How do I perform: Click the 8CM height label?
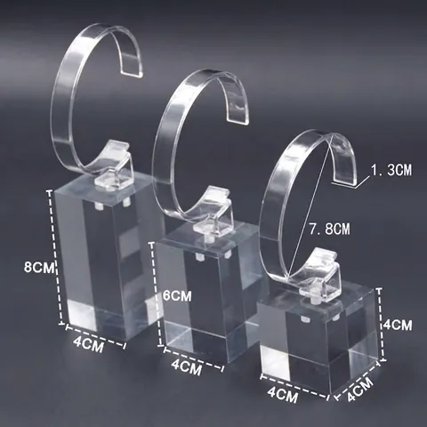point(39,267)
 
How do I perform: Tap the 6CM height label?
point(177,296)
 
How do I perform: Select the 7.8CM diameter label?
point(329,229)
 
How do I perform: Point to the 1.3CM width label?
point(391,171)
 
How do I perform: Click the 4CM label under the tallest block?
point(89,345)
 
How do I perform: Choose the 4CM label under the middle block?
point(187,368)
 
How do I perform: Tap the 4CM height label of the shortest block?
point(398,325)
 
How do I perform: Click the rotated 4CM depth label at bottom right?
point(360,390)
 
